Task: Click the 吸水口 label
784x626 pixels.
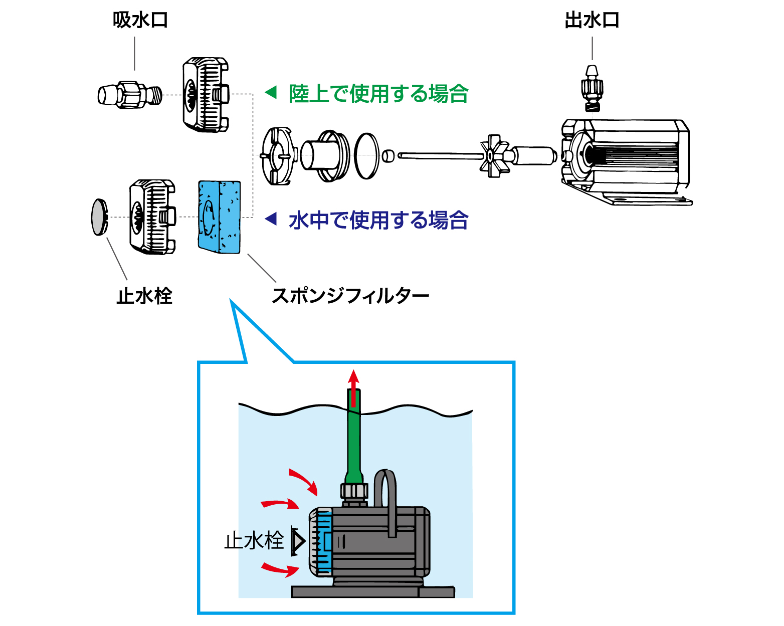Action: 140,20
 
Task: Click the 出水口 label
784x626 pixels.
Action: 592,20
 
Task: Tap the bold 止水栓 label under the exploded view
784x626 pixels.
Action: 144,296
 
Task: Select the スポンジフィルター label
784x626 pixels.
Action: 350,296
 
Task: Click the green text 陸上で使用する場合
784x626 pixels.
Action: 378,94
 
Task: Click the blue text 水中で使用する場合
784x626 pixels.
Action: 378,220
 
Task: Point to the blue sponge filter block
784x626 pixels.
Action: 220,217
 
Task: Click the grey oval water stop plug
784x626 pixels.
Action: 100,217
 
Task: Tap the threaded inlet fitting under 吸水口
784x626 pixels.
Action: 130,94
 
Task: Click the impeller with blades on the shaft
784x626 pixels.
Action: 494,155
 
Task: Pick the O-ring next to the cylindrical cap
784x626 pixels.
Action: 367,156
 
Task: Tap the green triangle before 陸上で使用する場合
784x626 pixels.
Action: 271,92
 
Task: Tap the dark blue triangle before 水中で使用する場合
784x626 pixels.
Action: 271,219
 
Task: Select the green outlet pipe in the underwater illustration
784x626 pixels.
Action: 353,441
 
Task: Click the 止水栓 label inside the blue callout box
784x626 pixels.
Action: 254,541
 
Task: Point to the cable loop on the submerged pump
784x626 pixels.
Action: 385,496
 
